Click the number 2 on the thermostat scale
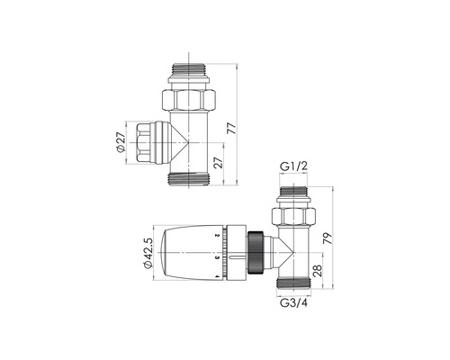click(x=218, y=236)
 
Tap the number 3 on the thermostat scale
click(x=218, y=257)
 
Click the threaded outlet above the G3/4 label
click(x=294, y=286)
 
